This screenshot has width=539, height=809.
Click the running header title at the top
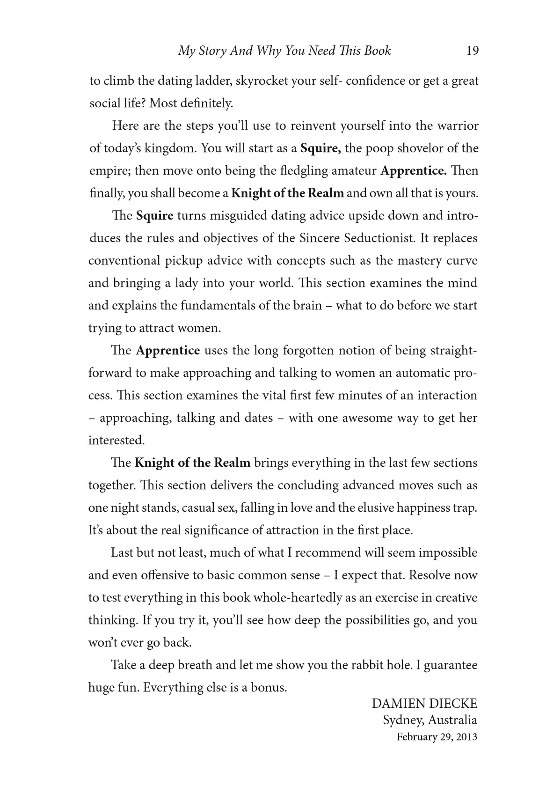[x=284, y=51]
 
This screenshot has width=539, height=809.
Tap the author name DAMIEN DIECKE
[x=424, y=704]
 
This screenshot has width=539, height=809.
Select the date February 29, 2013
[x=437, y=737]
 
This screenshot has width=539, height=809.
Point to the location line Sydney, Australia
[x=430, y=720]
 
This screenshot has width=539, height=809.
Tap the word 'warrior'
[x=457, y=126]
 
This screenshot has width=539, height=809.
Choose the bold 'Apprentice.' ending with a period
[x=414, y=171]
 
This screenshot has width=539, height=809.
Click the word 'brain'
[x=308, y=306]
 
